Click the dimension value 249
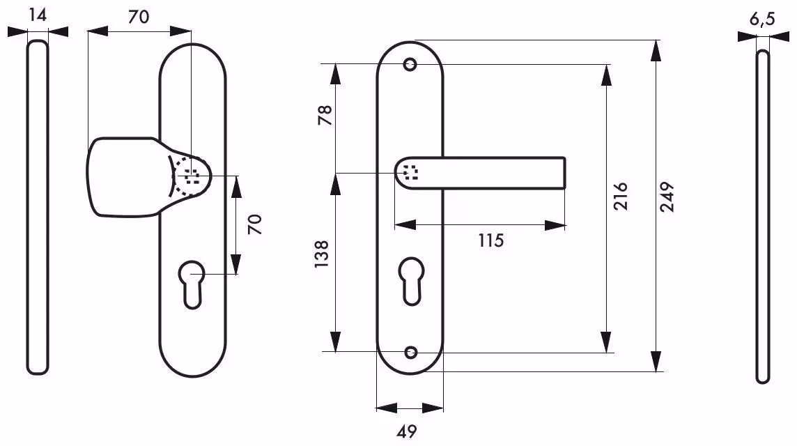tap(667, 197)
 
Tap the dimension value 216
tap(620, 197)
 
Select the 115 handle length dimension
tap(490, 240)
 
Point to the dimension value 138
tap(322, 254)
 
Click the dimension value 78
tap(324, 116)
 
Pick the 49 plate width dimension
tap(407, 432)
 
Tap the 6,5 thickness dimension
tap(762, 20)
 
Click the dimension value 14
tap(38, 15)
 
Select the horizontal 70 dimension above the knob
tap(139, 17)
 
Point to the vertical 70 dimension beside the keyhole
tap(255, 224)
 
